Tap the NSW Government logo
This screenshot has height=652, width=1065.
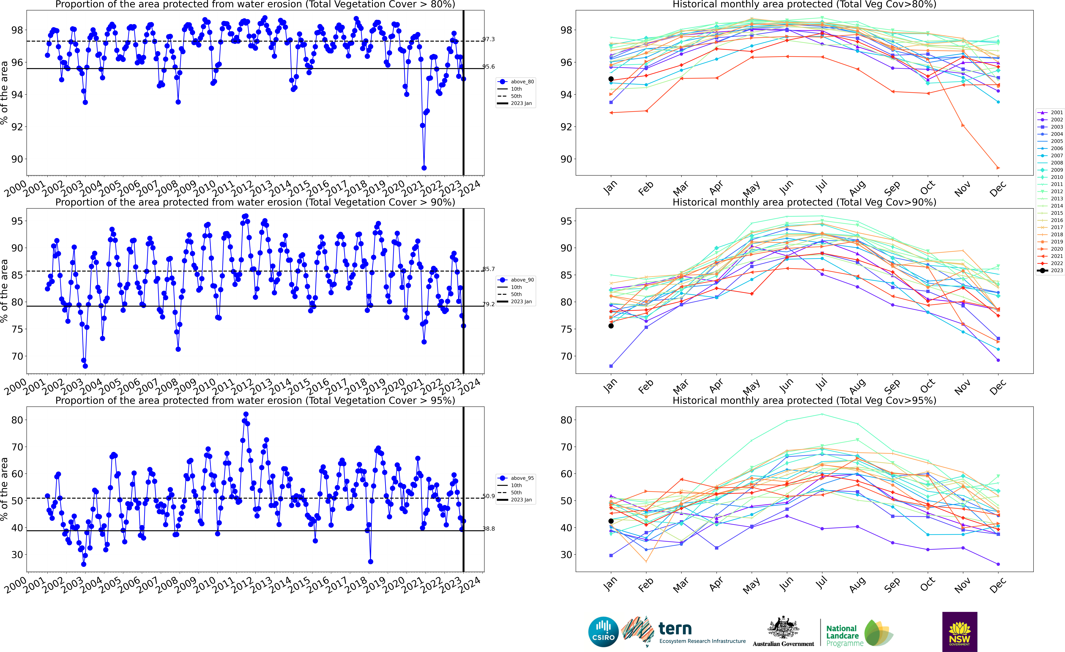960,632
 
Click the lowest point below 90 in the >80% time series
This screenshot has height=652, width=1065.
424,168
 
